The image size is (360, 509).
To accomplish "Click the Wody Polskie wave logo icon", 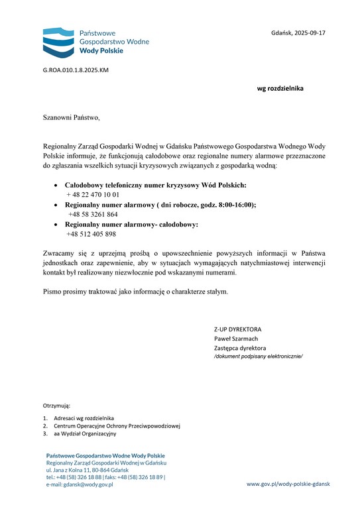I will point(58,42).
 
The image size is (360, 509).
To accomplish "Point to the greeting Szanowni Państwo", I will point(71,118).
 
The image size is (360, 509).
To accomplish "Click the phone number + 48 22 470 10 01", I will point(93,195).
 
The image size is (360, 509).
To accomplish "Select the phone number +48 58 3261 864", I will point(93,215).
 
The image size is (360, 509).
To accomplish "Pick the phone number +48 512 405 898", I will point(91,234).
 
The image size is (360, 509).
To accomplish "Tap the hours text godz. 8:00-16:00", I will point(223,205).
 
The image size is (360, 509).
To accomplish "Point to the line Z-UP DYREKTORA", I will point(237,329).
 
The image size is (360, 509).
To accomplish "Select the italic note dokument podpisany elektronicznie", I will point(258,357).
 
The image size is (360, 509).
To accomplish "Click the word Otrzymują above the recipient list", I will point(56,404).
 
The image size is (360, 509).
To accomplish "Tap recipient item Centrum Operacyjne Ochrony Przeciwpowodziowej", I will point(117,426).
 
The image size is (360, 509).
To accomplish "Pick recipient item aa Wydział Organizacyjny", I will point(85,434).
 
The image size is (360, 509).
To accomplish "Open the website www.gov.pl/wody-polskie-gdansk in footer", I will point(288,484).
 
